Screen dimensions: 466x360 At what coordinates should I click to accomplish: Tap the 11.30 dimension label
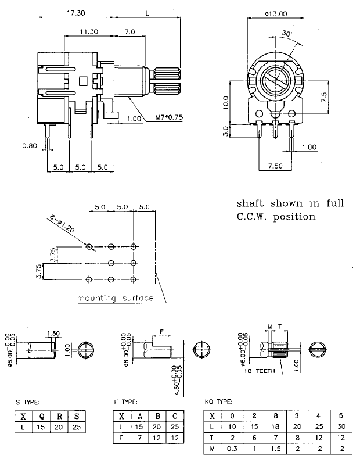coord(89,31)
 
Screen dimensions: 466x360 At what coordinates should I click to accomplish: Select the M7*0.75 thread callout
coord(170,117)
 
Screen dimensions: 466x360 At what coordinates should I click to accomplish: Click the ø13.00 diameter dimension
coord(276,13)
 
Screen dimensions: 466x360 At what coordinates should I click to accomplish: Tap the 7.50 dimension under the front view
coord(276,166)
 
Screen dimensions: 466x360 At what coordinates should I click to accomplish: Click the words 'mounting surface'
coord(116,299)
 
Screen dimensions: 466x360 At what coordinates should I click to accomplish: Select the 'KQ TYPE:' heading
coord(219,402)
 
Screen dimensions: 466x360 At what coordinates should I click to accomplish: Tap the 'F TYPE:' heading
coord(126,402)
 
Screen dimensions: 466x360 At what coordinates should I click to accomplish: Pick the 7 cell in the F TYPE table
coord(140,437)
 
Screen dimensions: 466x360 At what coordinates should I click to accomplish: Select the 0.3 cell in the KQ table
coord(232,448)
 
